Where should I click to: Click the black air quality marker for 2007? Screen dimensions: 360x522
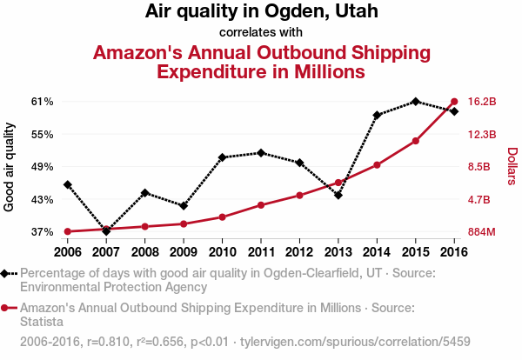coord(106,231)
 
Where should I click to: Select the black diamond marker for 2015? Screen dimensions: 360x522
coord(416,102)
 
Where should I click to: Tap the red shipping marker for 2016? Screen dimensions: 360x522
coord(454,102)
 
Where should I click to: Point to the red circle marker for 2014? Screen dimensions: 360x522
coord(377,164)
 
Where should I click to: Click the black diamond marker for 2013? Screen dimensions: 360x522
coord(338,195)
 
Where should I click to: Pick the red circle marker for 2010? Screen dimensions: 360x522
coord(222,217)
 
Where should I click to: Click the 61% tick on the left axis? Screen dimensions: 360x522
coord(43,102)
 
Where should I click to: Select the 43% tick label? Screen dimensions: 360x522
coord(43,199)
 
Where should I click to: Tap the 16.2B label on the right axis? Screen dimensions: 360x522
coord(482,102)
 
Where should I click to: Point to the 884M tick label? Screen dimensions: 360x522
coord(482,232)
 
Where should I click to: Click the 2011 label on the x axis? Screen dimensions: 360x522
coord(260,252)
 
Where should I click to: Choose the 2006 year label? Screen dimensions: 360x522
coord(68,252)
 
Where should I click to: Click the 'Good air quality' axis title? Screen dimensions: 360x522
coord(10,167)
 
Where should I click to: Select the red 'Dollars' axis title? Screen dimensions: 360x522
coord(512,166)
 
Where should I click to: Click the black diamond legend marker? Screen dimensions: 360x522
coord(7,273)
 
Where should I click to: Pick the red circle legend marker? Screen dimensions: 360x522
coord(7,308)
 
